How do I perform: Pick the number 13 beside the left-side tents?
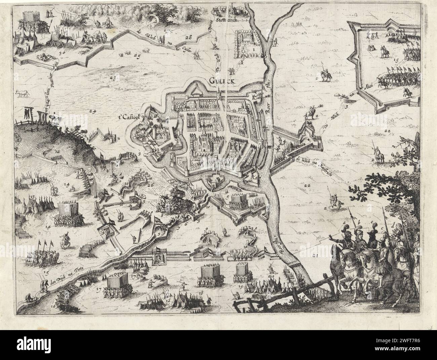click(x=33, y=196)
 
